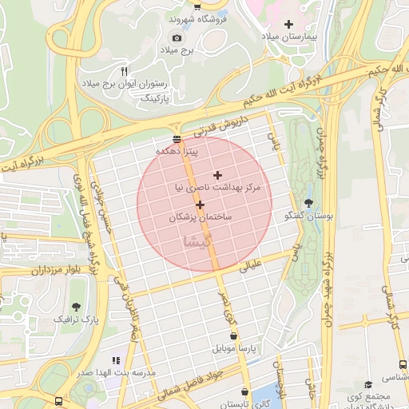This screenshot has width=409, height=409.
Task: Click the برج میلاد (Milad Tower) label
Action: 177,50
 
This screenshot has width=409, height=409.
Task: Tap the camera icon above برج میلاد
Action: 177,38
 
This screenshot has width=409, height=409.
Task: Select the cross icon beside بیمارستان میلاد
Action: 288,24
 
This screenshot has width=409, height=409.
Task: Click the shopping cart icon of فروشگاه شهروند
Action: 197,6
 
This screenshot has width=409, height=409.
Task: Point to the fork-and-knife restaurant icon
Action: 124,72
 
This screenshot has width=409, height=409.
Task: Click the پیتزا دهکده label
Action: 182,150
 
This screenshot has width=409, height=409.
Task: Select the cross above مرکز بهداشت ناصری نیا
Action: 217,175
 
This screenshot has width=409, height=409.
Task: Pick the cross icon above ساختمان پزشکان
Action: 200,204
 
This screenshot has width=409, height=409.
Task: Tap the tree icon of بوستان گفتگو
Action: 309,203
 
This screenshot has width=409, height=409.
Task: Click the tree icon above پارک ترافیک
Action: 76,306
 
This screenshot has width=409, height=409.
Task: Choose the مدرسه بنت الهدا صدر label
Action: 105,373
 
